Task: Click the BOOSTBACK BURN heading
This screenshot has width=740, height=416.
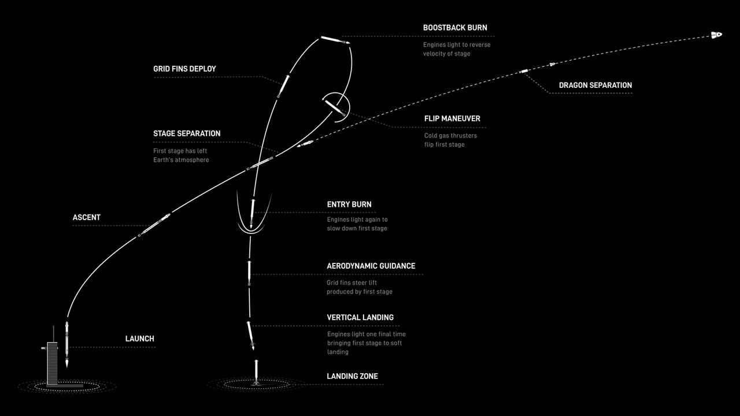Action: (x=455, y=28)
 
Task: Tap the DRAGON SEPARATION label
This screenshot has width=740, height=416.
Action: (x=595, y=85)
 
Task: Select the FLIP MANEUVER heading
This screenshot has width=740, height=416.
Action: (x=452, y=118)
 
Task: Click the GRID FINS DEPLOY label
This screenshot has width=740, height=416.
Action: (x=184, y=69)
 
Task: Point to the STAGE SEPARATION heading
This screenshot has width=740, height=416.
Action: (x=187, y=133)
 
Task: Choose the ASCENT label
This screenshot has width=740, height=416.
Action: (x=87, y=217)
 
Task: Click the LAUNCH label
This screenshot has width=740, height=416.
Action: (x=140, y=339)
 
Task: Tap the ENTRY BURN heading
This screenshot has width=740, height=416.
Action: (x=349, y=205)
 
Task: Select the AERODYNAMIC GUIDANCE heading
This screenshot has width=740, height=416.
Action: (x=371, y=266)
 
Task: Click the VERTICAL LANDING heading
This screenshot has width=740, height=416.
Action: (x=360, y=318)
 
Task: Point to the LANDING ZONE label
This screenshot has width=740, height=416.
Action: (x=352, y=376)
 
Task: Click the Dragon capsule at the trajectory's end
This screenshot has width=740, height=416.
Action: (x=716, y=35)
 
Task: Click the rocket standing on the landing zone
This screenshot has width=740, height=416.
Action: (x=256, y=373)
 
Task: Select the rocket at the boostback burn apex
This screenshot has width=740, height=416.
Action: (x=335, y=40)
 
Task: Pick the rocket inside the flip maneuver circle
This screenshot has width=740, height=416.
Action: (x=335, y=107)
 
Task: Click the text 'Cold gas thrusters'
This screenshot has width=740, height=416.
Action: (x=450, y=136)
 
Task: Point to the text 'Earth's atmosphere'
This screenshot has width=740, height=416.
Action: (x=181, y=160)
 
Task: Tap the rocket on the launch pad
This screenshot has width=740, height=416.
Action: (x=67, y=344)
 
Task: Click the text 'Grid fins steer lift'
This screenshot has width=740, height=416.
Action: (x=351, y=283)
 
